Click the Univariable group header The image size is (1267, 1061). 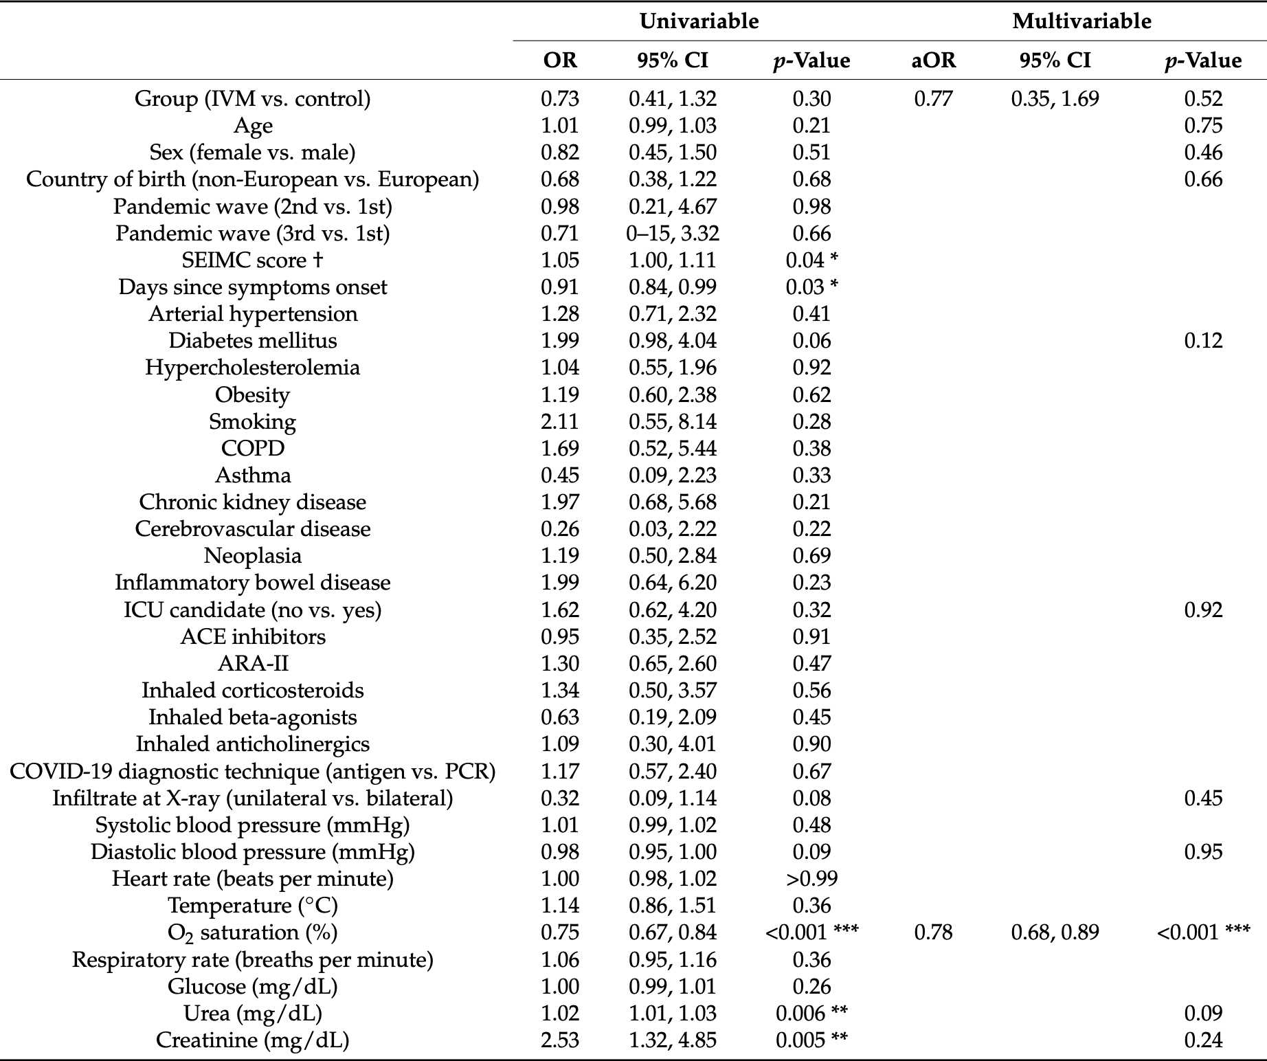tap(699, 21)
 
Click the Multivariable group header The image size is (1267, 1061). tap(1081, 21)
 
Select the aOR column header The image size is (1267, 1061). tap(934, 60)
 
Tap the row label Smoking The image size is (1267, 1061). tap(252, 422)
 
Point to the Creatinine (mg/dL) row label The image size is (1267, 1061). tap(252, 1040)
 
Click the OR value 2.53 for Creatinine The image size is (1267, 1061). tap(560, 1040)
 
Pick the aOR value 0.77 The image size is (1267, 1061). tap(934, 99)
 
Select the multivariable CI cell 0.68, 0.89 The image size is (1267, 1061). tap(1055, 932)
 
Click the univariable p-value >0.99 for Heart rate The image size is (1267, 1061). tap(811, 879)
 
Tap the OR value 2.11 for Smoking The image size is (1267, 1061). tap(560, 422)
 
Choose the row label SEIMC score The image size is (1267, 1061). tap(252, 260)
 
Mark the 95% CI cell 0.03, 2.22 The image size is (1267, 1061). tap(673, 529)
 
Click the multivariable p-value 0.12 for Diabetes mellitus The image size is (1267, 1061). tap(1203, 341)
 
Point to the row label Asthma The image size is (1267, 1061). tap(252, 476)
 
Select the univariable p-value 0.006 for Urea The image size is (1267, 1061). tap(811, 1014)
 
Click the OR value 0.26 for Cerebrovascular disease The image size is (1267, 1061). tap(560, 529)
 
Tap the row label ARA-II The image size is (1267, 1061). tap(252, 664)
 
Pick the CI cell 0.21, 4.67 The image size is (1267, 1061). tap(673, 207)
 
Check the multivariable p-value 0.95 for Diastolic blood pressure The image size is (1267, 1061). tap(1203, 852)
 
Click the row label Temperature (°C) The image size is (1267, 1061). tap(252, 906)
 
